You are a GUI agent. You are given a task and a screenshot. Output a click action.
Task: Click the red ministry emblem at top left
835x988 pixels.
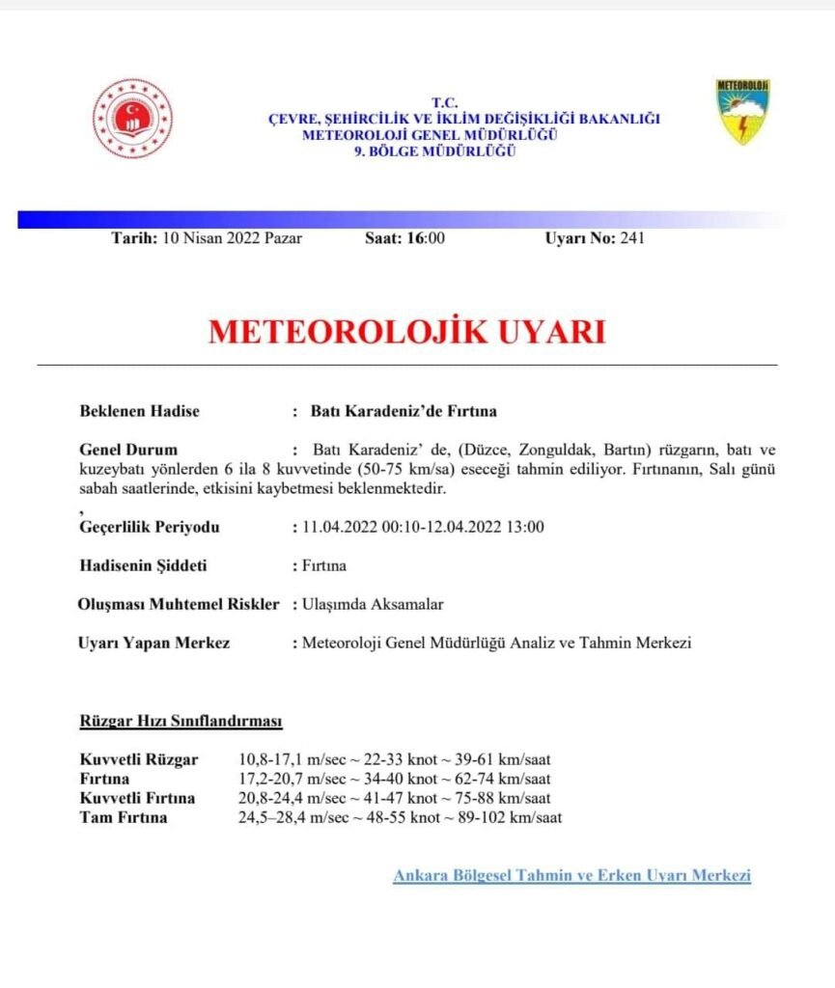(132, 119)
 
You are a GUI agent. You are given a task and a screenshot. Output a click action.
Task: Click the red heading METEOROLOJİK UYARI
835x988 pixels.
(406, 332)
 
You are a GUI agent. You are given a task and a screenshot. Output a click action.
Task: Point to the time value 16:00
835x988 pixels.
(426, 238)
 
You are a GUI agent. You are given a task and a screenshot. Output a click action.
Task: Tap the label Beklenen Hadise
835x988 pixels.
(139, 411)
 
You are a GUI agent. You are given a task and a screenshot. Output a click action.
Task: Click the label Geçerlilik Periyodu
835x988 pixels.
(150, 527)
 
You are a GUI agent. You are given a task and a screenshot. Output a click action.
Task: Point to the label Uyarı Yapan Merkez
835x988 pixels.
(153, 643)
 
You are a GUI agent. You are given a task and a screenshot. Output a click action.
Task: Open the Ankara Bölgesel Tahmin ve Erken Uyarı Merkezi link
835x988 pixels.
(571, 875)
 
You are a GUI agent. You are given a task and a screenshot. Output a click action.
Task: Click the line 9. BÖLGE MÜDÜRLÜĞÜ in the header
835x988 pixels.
(434, 151)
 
